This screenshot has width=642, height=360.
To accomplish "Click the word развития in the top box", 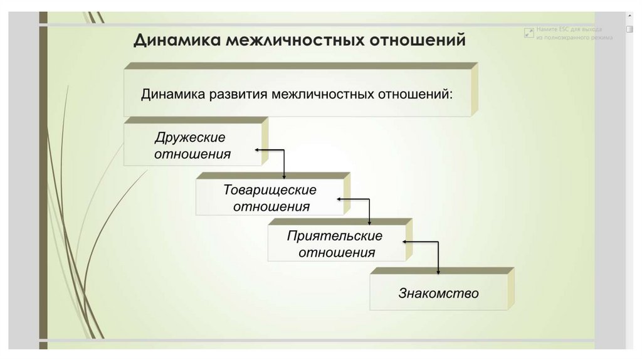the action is (231, 94).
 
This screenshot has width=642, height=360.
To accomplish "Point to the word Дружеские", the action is (190, 137).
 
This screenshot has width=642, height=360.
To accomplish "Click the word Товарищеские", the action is (270, 189).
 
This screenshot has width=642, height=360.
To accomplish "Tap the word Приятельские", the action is (335, 236).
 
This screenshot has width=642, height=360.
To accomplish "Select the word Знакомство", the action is (438, 293).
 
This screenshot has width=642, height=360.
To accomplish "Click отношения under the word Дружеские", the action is (192, 154).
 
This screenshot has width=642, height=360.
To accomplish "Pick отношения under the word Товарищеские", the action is (271, 206).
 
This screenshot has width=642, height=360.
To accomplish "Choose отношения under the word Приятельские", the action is (337, 253).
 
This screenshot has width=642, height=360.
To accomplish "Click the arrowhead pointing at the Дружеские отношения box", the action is (257, 151).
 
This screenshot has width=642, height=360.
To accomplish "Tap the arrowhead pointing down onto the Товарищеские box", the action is (284, 176).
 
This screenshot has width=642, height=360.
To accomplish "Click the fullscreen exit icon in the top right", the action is (529, 33).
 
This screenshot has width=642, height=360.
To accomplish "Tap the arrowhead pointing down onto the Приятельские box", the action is (369, 223).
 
